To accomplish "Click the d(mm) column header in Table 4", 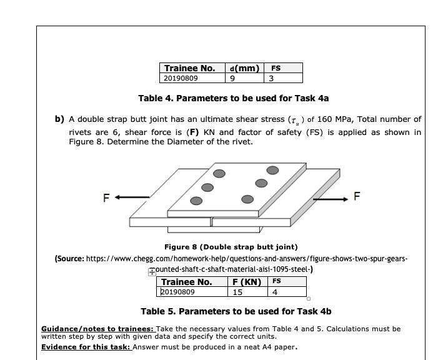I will (244, 68).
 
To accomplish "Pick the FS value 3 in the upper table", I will (271, 79).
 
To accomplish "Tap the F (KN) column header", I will (246, 282).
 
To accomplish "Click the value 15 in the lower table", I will (237, 292).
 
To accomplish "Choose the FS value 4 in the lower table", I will (275, 292).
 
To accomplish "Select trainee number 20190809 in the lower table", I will (178, 292).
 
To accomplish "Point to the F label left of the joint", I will (106, 197).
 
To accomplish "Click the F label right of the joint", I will (357, 196).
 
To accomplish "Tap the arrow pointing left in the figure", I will (132, 197).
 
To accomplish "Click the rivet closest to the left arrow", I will (196, 201).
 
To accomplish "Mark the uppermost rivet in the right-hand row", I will (272, 170).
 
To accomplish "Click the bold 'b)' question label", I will (59, 119).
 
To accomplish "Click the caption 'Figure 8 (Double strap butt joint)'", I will (231, 247).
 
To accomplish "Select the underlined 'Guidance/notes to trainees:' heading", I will (97, 329).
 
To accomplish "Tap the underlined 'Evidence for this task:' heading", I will (86, 347).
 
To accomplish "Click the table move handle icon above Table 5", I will (152, 272).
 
